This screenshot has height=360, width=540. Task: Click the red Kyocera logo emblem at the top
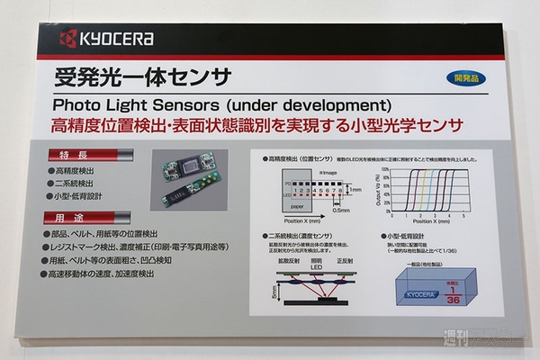point(67,38)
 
